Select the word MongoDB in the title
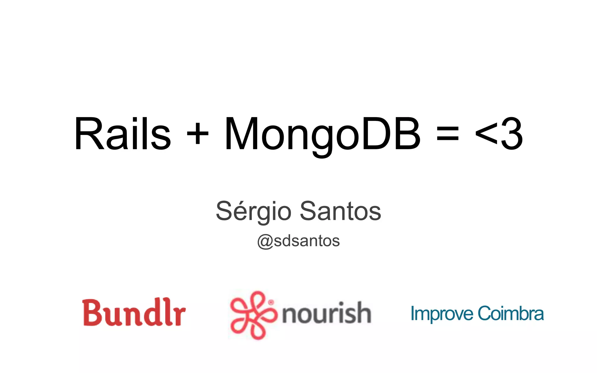tap(322, 134)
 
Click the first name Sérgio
tap(253, 211)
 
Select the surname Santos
tap(340, 211)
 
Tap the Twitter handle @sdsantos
tap(298, 241)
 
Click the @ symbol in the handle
tap(265, 241)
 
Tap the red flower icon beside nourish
tap(252, 315)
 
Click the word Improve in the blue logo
tap(442, 314)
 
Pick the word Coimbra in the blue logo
tap(510, 314)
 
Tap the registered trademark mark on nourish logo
tap(271, 302)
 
